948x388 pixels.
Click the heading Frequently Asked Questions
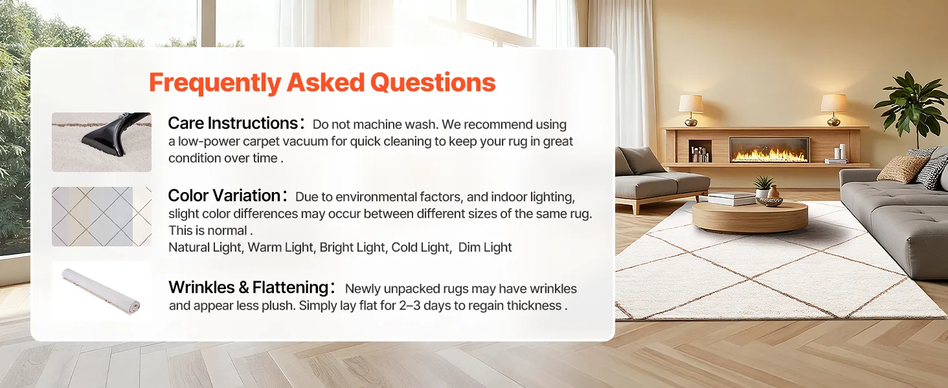click(322, 83)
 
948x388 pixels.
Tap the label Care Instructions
click(233, 123)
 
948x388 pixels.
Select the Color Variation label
click(224, 196)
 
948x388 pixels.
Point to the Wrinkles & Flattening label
click(249, 287)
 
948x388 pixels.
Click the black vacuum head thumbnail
click(102, 142)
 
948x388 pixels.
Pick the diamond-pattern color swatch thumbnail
click(102, 217)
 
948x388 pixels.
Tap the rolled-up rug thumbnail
click(102, 291)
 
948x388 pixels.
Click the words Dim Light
click(485, 247)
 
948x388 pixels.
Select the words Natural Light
click(206, 247)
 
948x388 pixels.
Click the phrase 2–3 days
click(425, 306)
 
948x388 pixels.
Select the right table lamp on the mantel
click(833, 110)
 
